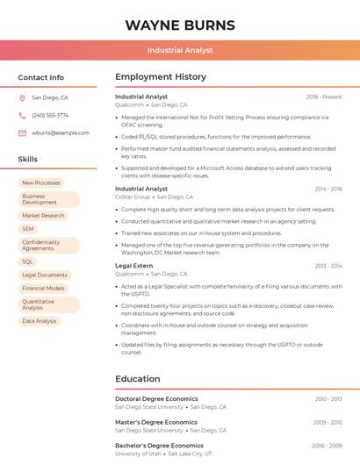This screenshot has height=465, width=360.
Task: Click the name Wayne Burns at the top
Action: tap(180, 25)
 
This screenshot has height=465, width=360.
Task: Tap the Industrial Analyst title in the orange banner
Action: tap(180, 50)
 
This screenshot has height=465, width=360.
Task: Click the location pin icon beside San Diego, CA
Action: tap(22, 98)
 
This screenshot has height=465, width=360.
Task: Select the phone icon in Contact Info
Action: tap(22, 116)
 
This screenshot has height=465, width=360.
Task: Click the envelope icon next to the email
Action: tap(22, 133)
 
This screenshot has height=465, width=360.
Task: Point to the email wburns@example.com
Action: tap(61, 133)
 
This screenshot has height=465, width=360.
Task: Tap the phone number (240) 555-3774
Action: tap(50, 116)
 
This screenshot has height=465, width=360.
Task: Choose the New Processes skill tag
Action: tap(41, 182)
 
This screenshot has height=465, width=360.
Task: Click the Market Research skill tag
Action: tap(44, 215)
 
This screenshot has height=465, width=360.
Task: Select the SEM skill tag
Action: tap(28, 229)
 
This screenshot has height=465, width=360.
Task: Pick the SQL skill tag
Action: tap(28, 261)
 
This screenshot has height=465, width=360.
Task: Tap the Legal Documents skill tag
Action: tap(45, 275)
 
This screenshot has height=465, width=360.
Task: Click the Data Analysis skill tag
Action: tap(40, 321)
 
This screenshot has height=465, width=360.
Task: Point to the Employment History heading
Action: tap(161, 77)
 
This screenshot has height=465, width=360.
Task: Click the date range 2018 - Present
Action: tap(324, 97)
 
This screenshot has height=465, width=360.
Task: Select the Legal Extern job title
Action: tap(133, 265)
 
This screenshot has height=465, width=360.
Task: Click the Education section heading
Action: tap(138, 379)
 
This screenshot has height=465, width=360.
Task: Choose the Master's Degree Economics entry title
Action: tap(156, 422)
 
